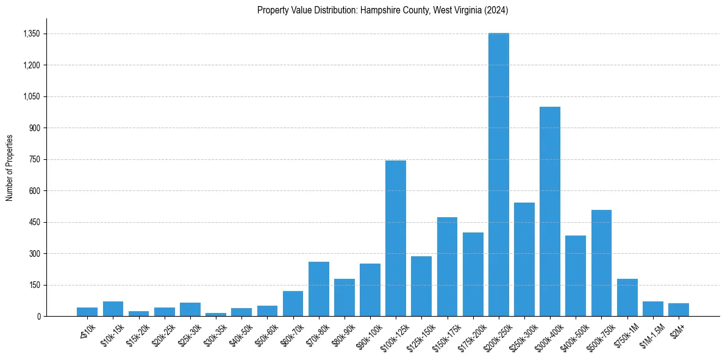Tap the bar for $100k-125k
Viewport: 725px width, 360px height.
click(x=396, y=238)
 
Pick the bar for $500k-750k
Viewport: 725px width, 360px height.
click(x=601, y=263)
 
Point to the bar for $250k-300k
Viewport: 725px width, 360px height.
click(x=524, y=259)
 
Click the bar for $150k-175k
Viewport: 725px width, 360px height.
click(x=447, y=267)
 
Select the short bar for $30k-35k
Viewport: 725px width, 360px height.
click(x=216, y=314)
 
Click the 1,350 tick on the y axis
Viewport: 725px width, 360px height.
click(x=30, y=34)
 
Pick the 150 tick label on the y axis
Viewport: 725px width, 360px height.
click(x=34, y=285)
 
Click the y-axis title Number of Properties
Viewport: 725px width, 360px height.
click(x=9, y=167)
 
